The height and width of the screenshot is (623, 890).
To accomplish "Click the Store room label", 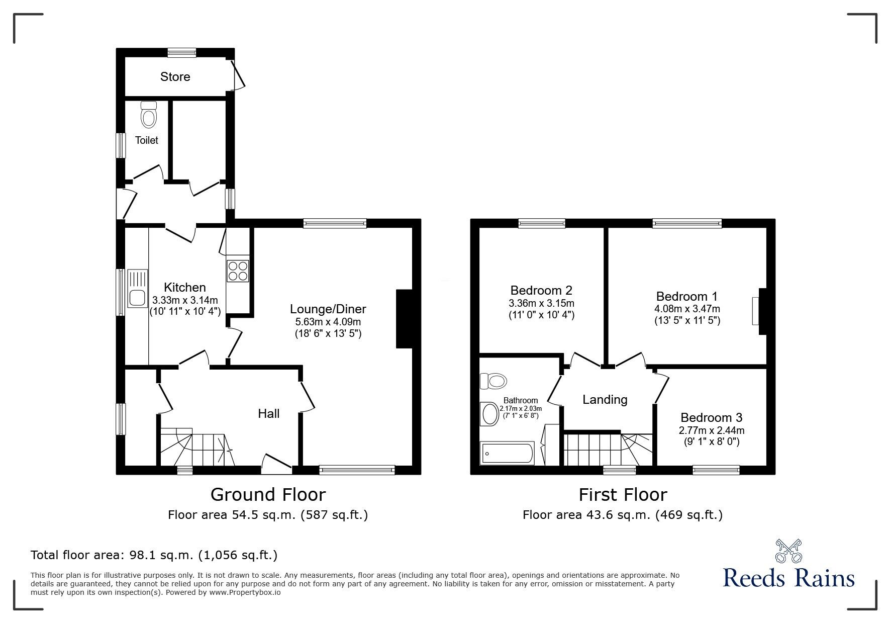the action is click(175, 76).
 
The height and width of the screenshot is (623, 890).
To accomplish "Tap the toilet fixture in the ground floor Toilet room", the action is click(148, 114).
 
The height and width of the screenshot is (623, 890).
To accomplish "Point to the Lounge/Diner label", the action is click(328, 309).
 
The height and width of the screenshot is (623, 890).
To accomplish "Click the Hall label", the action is click(269, 413).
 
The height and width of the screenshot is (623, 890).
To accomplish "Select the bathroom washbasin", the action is click(488, 414).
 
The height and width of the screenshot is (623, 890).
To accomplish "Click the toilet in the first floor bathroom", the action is click(492, 381).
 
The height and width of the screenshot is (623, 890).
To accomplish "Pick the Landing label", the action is click(605, 399).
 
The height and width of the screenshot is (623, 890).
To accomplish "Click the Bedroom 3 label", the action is click(711, 417).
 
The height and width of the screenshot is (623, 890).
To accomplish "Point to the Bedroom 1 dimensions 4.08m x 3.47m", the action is click(687, 309).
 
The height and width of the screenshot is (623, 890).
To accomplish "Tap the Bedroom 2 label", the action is click(541, 290).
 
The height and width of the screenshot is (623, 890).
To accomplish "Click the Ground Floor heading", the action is click(268, 494).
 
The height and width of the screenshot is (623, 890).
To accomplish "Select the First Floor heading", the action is click(623, 494).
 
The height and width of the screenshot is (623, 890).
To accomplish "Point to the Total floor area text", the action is click(154, 555).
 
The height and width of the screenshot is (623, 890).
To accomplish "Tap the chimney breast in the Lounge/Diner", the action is click(405, 318).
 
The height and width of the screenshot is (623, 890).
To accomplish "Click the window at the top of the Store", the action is click(182, 52).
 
